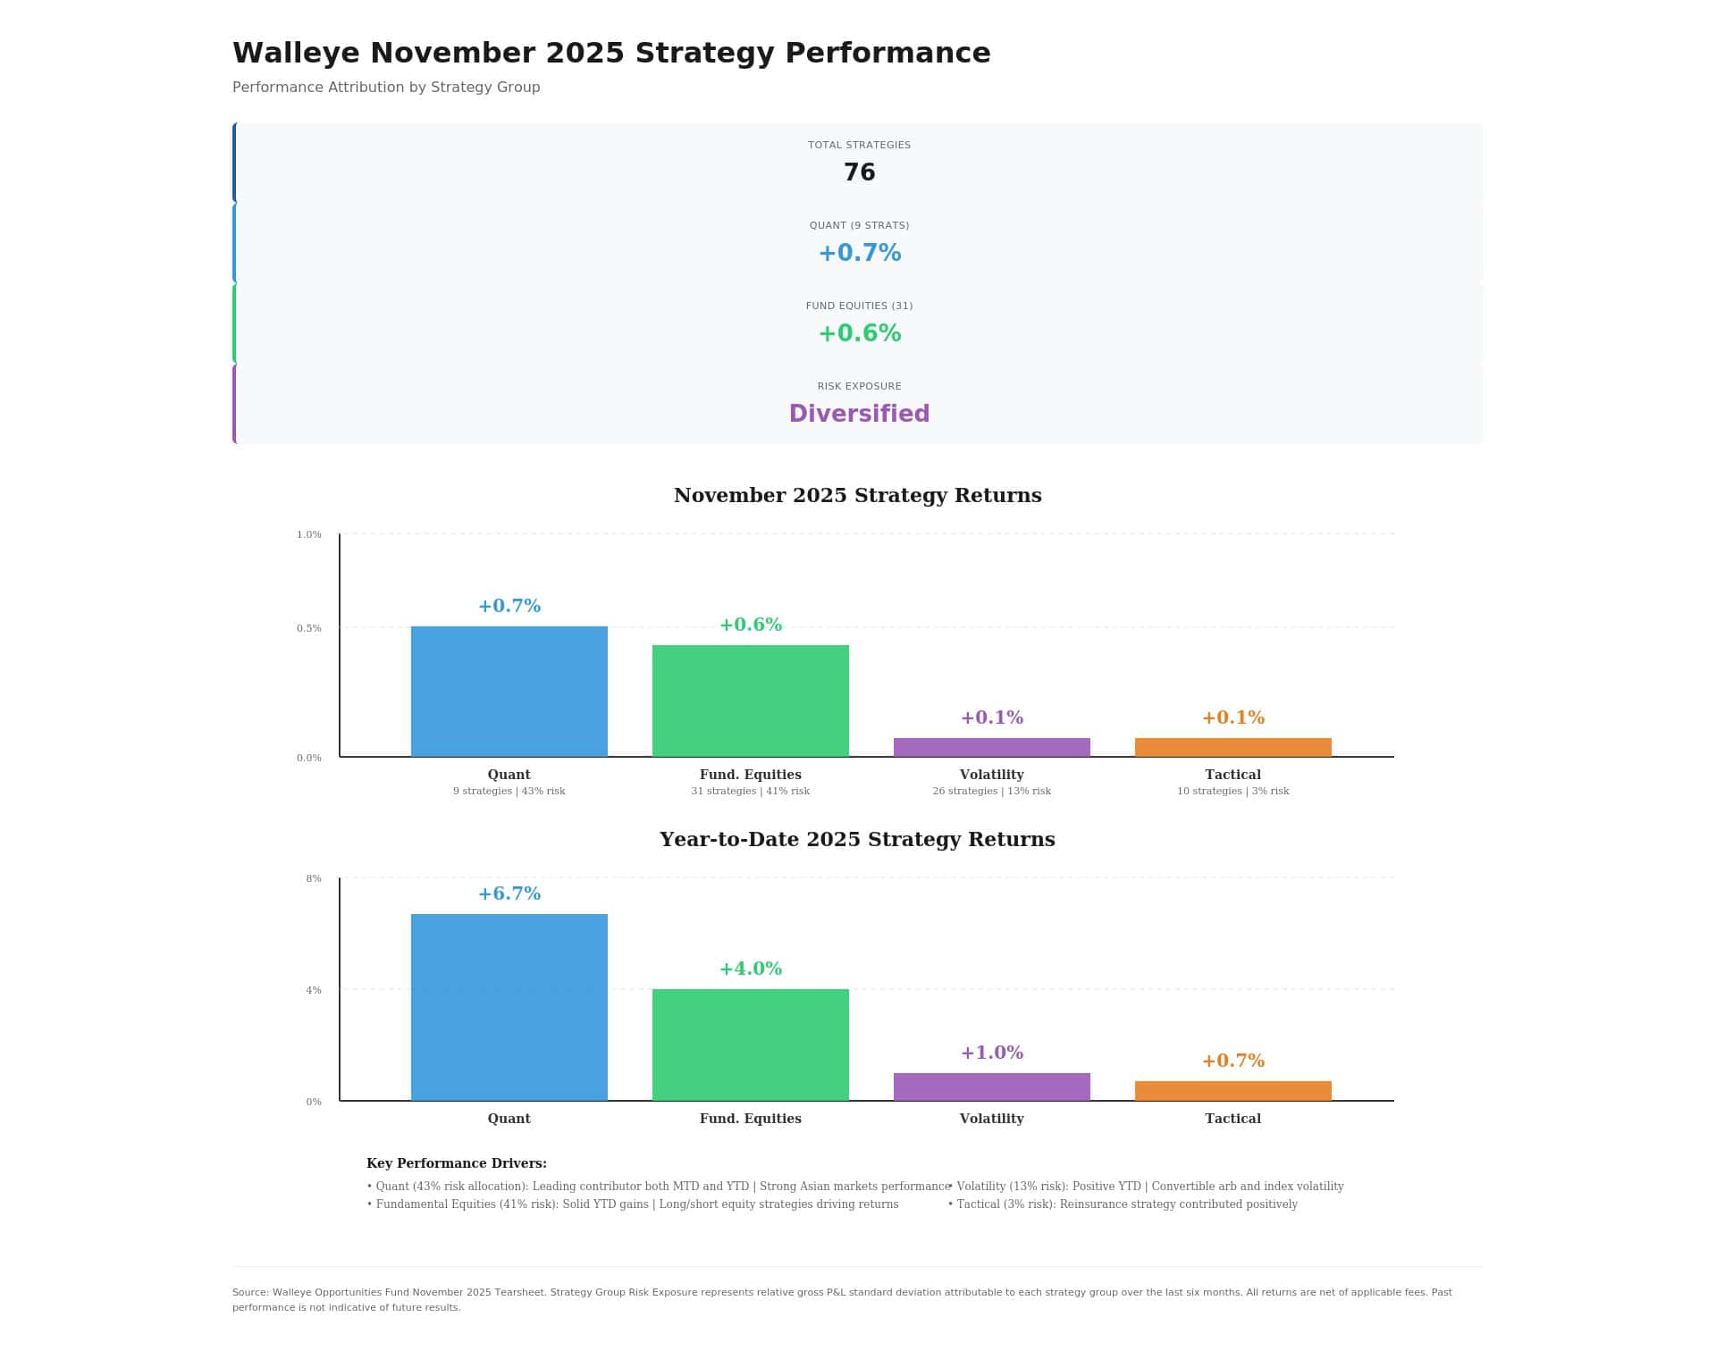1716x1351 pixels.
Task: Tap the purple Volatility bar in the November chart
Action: pyautogui.click(x=991, y=747)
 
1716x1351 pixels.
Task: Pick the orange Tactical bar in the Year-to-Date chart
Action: pyautogui.click(x=1232, y=1090)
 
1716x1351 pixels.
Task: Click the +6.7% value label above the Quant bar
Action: pyautogui.click(x=509, y=894)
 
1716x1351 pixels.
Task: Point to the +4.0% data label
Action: pyautogui.click(x=750, y=969)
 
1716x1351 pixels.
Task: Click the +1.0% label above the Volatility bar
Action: pyautogui.click(x=991, y=1053)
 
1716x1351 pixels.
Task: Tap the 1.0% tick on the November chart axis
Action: pyautogui.click(x=309, y=534)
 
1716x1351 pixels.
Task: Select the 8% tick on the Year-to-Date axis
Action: pyautogui.click(x=314, y=878)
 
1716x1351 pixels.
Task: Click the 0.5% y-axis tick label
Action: pyautogui.click(x=309, y=628)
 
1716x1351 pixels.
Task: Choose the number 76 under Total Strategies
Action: pyautogui.click(x=859, y=172)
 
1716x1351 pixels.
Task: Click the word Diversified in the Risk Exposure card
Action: pyautogui.click(x=859, y=414)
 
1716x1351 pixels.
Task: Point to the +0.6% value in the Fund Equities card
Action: pyautogui.click(x=859, y=333)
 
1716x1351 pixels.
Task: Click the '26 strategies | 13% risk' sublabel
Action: pyautogui.click(x=991, y=791)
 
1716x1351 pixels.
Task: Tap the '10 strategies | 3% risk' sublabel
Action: pyautogui.click(x=1232, y=791)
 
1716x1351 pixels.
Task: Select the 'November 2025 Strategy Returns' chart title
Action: pyautogui.click(x=857, y=495)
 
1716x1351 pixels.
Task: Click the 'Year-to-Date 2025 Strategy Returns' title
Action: pyautogui.click(x=857, y=839)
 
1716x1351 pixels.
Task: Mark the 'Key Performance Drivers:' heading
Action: pyautogui.click(x=456, y=1163)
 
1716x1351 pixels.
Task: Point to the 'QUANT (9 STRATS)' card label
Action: pyautogui.click(x=859, y=225)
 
